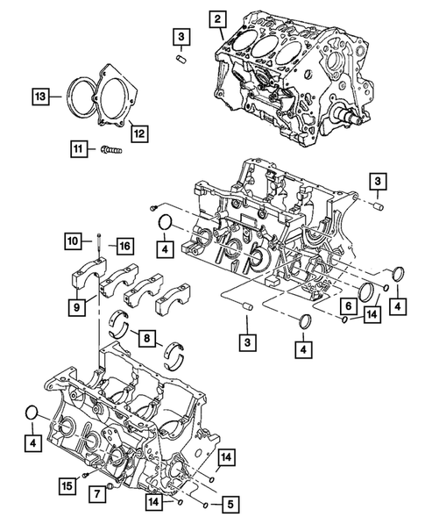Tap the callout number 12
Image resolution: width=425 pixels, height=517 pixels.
(138, 133)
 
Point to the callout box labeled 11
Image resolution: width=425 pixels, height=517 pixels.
(80, 150)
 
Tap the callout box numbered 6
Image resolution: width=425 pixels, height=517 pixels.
(349, 306)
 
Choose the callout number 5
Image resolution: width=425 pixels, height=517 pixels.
(230, 505)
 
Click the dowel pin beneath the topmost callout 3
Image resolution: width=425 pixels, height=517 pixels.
(180, 59)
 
